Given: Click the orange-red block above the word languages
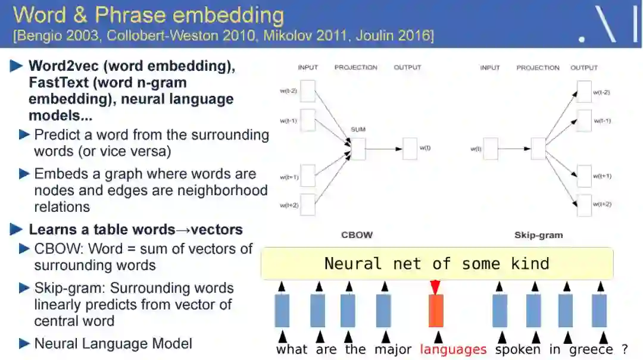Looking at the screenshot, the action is pyautogui.click(x=436, y=310).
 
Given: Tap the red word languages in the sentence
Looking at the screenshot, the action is pyautogui.click(x=453, y=349).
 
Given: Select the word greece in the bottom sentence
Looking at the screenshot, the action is pyautogui.click(x=591, y=349).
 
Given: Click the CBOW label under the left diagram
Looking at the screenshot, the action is pyautogui.click(x=357, y=235).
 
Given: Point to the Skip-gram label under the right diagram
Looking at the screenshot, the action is pyautogui.click(x=538, y=235).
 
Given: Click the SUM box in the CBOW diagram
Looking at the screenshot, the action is pyautogui.click(x=358, y=148).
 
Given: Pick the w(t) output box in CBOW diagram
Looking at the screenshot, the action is pyautogui.click(x=410, y=148).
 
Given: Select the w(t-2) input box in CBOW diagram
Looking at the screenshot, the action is pyautogui.click(x=308, y=91).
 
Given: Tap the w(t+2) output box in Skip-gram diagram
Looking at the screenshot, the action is pyautogui.click(x=585, y=205).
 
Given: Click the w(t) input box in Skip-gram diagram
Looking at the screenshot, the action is pyautogui.click(x=490, y=148).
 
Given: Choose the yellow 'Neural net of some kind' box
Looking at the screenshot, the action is pyautogui.click(x=437, y=264).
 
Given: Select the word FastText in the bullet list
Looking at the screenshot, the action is pyautogui.click(x=57, y=82).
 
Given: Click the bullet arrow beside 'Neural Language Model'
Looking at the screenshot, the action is pyautogui.click(x=24, y=343).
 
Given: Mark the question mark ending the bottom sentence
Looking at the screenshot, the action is pyautogui.click(x=625, y=349).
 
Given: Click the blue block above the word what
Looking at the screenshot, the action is pyautogui.click(x=282, y=310).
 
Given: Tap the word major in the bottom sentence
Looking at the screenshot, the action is pyautogui.click(x=393, y=349).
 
